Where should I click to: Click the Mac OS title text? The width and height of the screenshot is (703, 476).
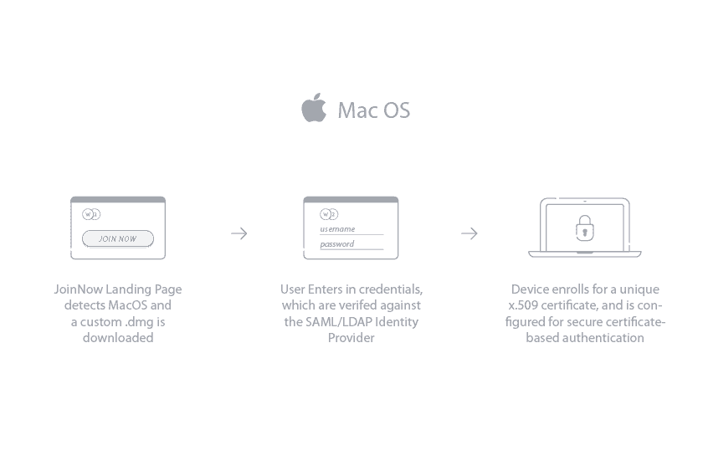click(x=374, y=110)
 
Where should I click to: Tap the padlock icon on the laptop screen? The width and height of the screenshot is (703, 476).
click(x=585, y=228)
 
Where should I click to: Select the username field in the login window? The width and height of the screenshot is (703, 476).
click(x=351, y=229)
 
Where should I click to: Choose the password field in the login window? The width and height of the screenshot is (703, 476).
click(x=351, y=244)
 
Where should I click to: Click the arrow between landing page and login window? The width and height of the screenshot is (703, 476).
click(x=239, y=233)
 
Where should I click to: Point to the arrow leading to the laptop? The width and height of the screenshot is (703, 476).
click(x=470, y=233)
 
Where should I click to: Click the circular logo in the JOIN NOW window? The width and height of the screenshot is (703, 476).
click(x=91, y=214)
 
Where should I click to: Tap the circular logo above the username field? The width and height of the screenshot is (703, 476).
click(x=329, y=214)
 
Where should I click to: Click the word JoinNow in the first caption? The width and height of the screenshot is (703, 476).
click(x=79, y=289)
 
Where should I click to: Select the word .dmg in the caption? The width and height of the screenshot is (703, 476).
click(x=140, y=322)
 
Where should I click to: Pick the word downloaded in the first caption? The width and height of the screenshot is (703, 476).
click(x=118, y=338)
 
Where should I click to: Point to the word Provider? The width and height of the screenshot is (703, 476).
click(x=351, y=338)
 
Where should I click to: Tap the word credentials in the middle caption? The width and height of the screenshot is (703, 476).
click(x=391, y=289)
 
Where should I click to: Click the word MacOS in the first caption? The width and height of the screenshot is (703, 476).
click(x=128, y=305)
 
